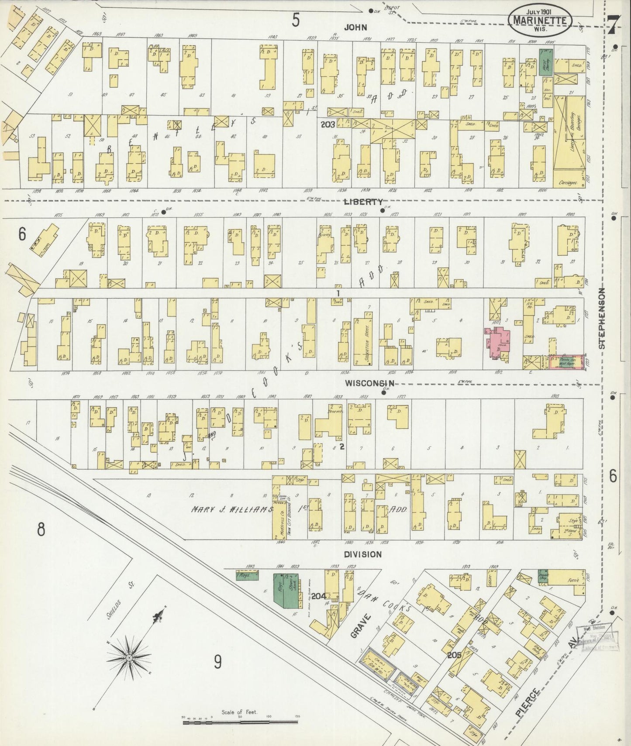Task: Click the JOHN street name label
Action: coord(355,27)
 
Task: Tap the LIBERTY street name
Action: coord(363,202)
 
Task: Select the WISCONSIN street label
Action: coord(369,383)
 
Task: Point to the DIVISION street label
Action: coord(362,554)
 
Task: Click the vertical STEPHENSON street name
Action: coord(602,318)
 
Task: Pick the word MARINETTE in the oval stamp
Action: coord(540,21)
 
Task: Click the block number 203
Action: coord(328,125)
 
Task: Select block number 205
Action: coord(454,655)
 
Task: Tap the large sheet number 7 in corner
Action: coord(613,25)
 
